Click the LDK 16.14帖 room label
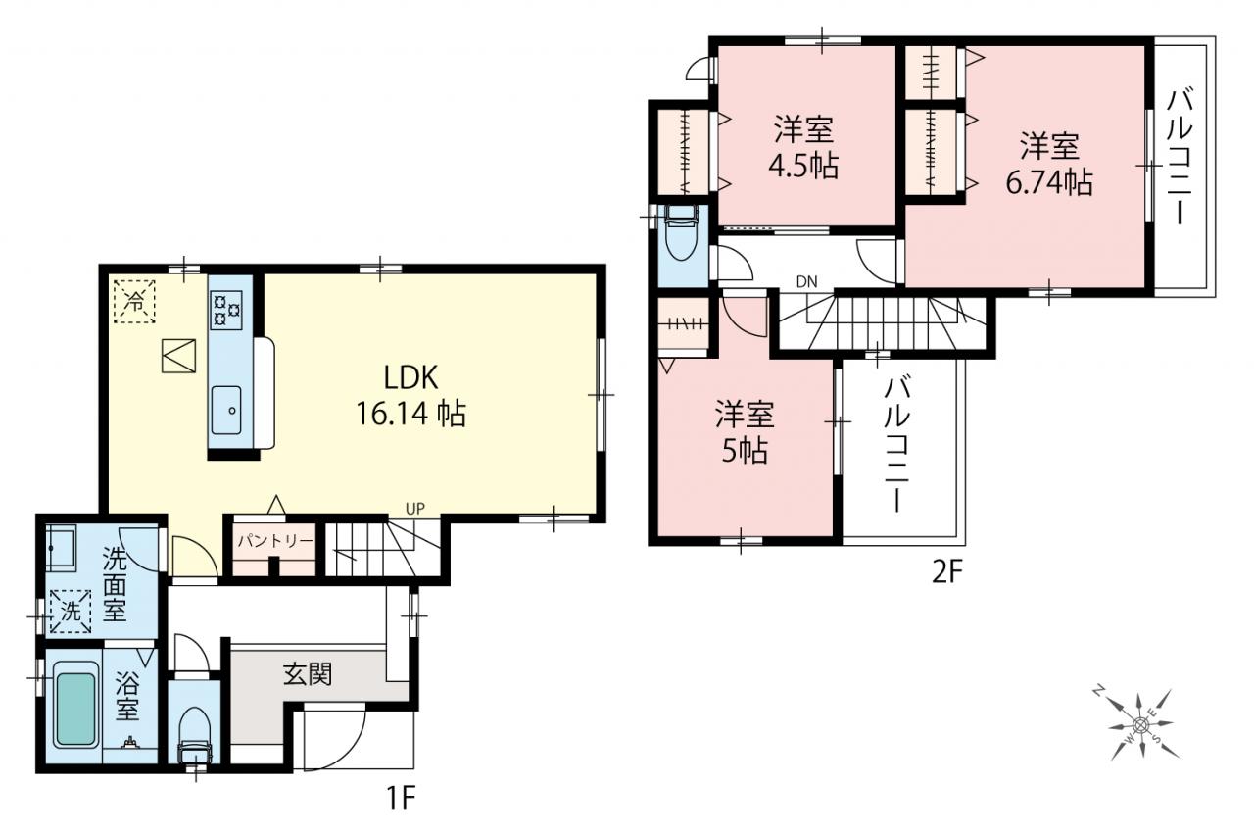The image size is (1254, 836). [x=410, y=395]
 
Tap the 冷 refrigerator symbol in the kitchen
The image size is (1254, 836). [x=134, y=302]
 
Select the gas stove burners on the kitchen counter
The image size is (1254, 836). [x=225, y=310]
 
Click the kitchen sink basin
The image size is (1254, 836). [x=226, y=410]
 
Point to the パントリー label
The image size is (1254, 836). [x=275, y=541]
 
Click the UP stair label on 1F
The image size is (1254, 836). [x=414, y=509]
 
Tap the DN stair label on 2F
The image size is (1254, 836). [x=806, y=281]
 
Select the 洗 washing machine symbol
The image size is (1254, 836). [x=71, y=611]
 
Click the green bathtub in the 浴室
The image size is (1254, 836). [x=75, y=710]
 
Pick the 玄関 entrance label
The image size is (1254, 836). [x=308, y=673]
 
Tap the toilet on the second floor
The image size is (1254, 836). [x=681, y=232]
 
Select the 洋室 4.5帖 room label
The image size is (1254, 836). [x=804, y=147]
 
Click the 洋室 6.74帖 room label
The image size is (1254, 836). [x=1049, y=163]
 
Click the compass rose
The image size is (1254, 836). [x=1139, y=725]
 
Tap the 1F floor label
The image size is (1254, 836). [x=401, y=798]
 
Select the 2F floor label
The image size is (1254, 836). [x=946, y=571]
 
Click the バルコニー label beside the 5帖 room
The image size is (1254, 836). [x=896, y=445]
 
